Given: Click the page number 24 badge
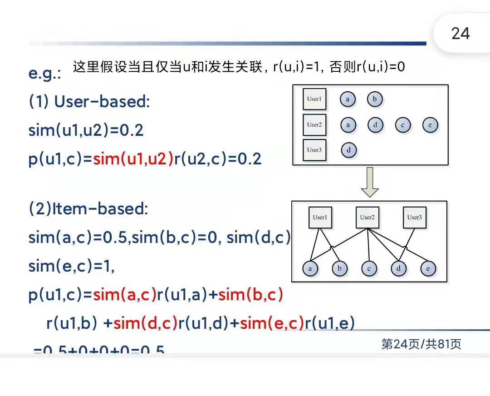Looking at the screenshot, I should pos(461,34).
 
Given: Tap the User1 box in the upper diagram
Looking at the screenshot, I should pos(314,99).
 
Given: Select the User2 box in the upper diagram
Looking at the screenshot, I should pos(314,125).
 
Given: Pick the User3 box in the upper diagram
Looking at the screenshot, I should pos(314,150).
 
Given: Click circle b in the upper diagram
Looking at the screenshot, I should pos(375,99).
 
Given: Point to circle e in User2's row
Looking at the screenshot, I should pos(430,125).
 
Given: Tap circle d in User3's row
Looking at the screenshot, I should pos(348,150).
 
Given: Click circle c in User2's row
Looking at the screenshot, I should pos(402,125).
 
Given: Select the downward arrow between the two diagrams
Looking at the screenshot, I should pos(370,182).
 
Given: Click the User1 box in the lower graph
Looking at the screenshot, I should pos(320,218).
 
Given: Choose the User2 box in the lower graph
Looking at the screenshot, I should pos(367,218).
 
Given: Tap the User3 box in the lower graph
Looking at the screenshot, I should pos(414,218).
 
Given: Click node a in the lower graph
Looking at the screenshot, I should pos(310,269).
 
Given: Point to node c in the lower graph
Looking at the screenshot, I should pos(369,269).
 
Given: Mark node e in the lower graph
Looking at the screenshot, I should pos(428,269).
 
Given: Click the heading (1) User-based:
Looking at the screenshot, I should pos(89,102).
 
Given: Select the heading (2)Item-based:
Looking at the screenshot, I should pos(88,209).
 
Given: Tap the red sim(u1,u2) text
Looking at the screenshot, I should pos(133,159).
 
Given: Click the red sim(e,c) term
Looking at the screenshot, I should pos(271,323).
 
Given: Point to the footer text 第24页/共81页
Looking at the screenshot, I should pos(421,344).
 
